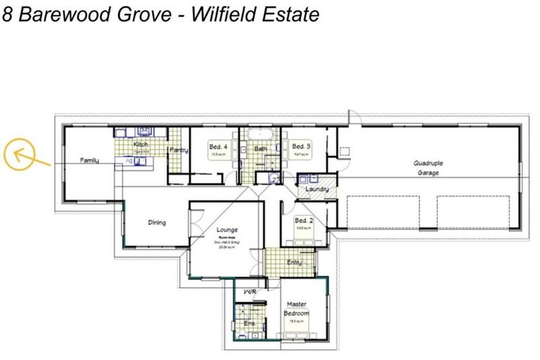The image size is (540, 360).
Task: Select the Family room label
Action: click(89, 161)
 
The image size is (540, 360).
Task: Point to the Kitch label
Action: click(140, 144)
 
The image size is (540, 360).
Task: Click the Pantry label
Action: click(176, 150)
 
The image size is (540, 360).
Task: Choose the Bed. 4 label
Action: click(217, 147)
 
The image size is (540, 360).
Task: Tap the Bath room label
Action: click(261, 149)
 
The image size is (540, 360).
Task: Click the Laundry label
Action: click(317, 189)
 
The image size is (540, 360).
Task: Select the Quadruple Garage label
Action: click(427, 167)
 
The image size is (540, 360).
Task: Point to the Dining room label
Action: click(157, 223)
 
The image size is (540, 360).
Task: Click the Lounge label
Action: click(227, 230)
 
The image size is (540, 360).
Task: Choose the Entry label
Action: click(295, 262)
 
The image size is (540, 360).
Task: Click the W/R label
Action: click(248, 290)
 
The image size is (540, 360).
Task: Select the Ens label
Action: click(248, 323)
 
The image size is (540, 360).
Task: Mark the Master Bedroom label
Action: click(296, 309)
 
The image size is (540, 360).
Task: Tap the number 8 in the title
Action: click(7, 14)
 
